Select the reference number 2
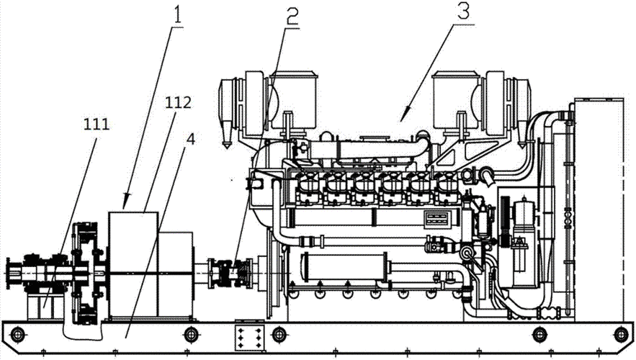291,14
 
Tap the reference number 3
464,12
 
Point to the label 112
178,102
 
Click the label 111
97,124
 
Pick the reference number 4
191,140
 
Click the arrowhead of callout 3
403,115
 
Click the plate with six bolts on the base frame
248,336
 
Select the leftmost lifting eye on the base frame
17,335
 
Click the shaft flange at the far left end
12,274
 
